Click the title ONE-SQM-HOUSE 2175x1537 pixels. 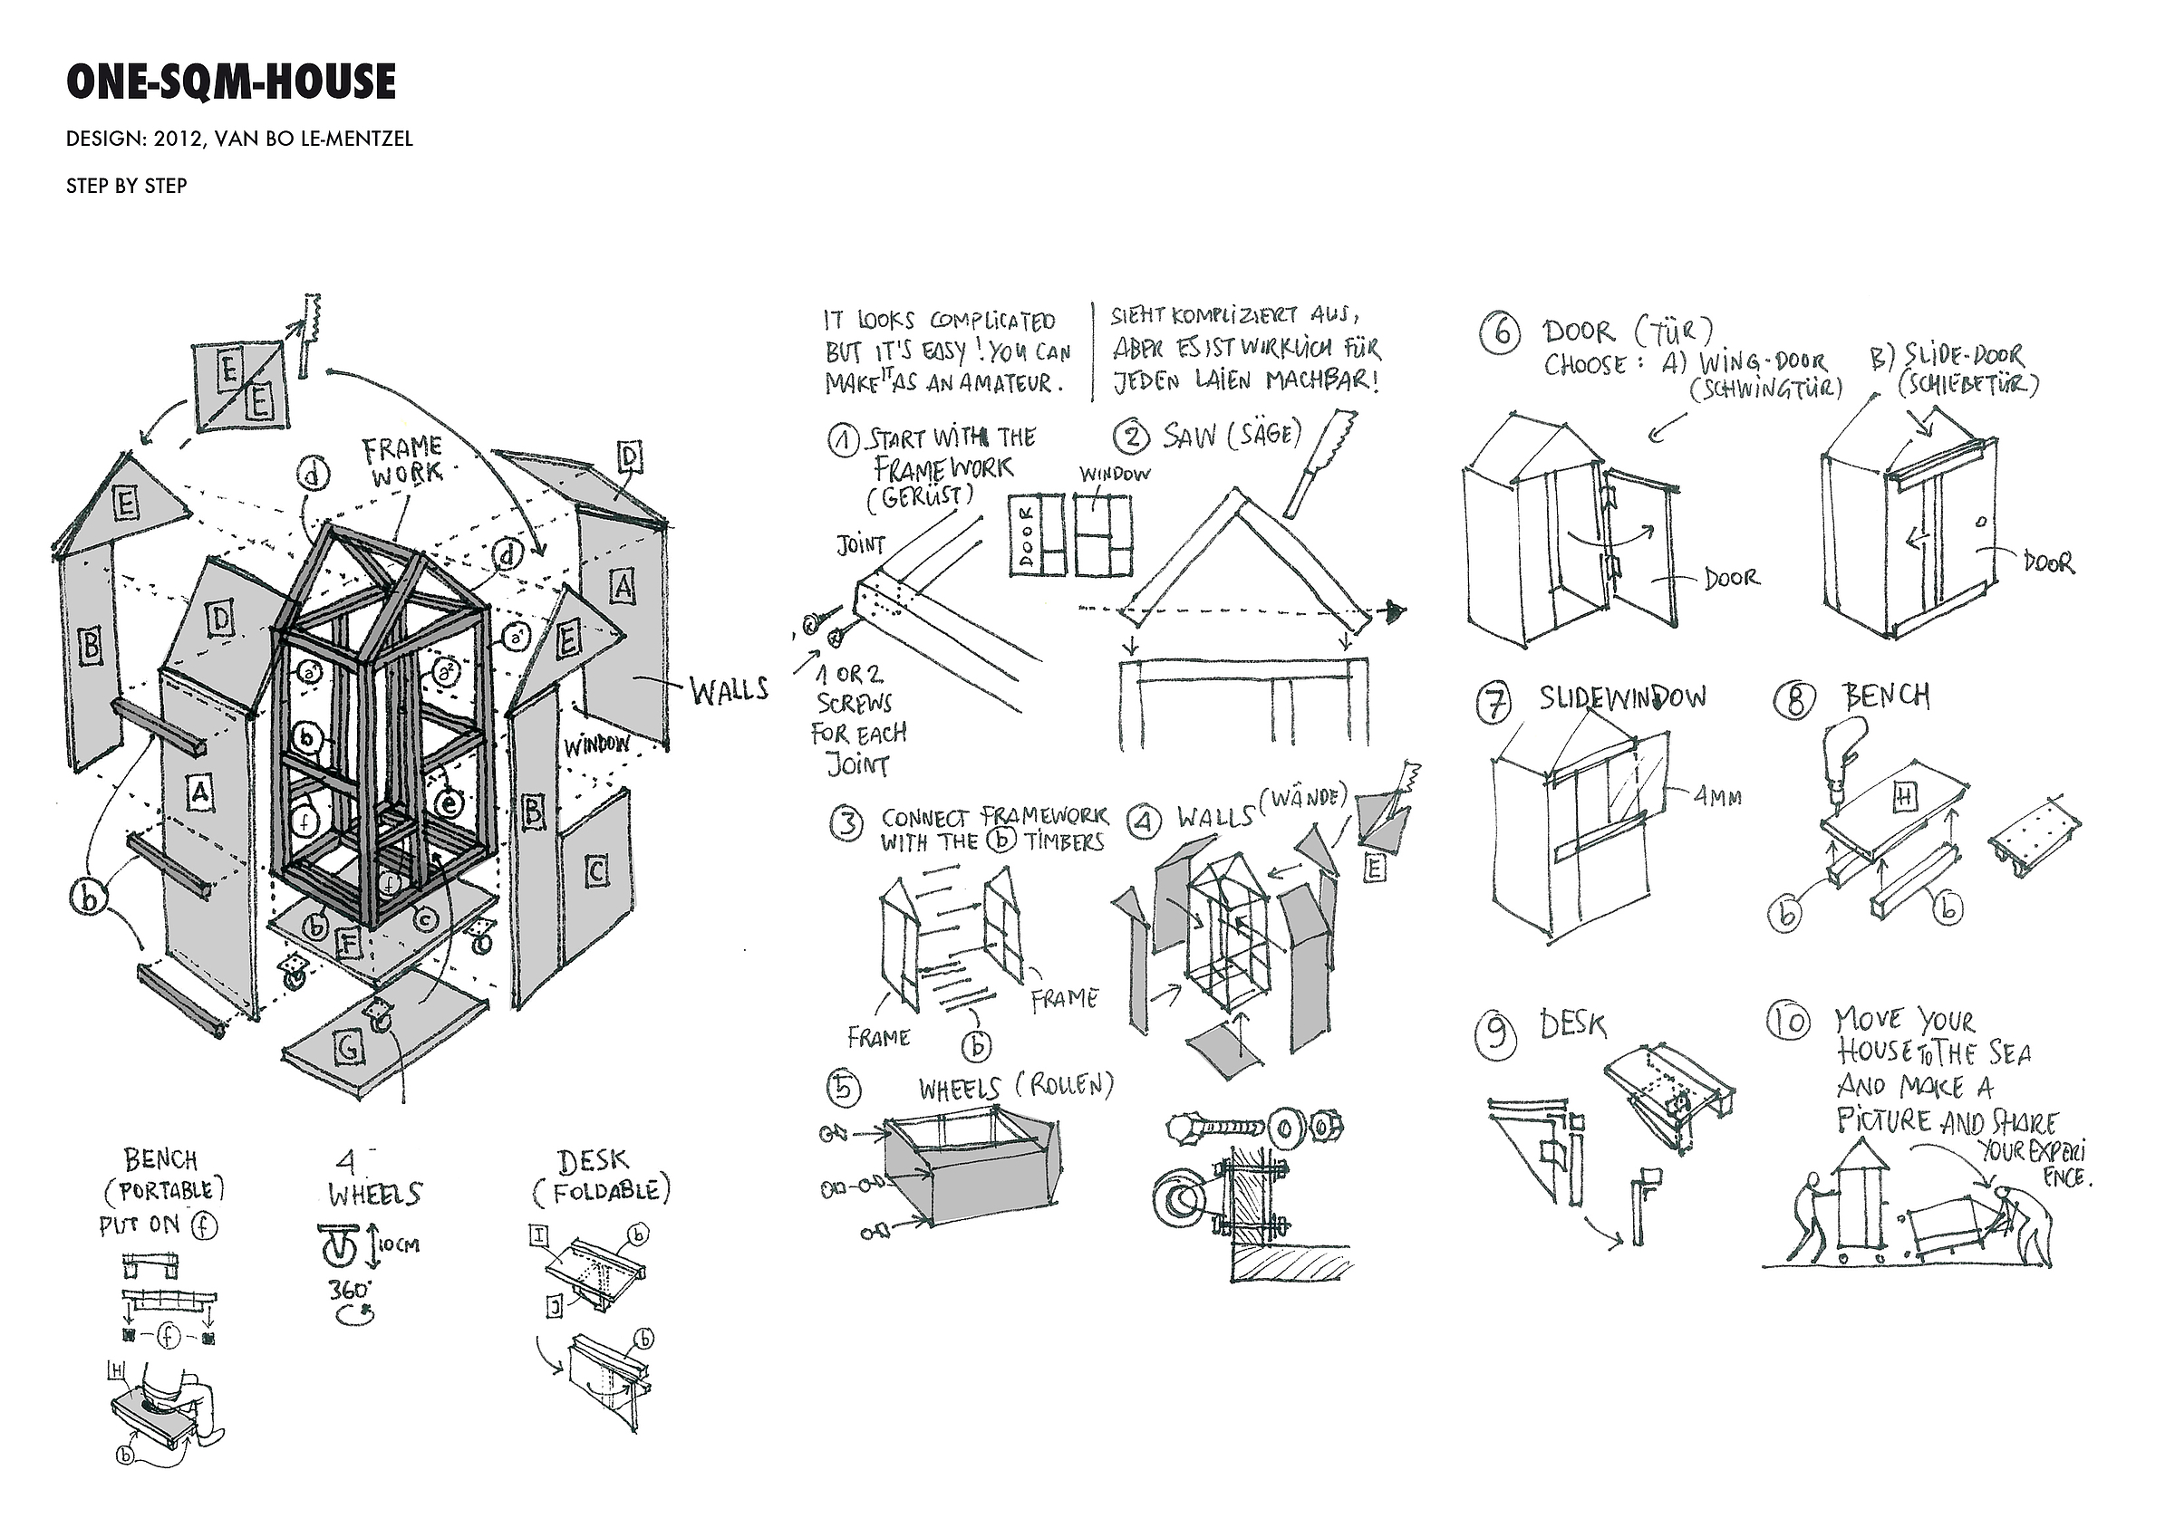pos(230,82)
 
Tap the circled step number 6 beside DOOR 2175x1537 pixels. pos(1500,334)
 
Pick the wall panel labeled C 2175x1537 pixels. pos(595,871)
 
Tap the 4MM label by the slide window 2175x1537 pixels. pos(1717,797)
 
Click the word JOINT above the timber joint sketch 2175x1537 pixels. pos(860,545)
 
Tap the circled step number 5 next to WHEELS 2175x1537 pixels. pos(844,1089)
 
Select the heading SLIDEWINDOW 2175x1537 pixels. pos(1622,698)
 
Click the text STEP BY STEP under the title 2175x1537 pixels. pos(126,186)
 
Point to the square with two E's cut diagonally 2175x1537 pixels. pos(243,386)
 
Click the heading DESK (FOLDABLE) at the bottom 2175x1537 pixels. pos(601,1177)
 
